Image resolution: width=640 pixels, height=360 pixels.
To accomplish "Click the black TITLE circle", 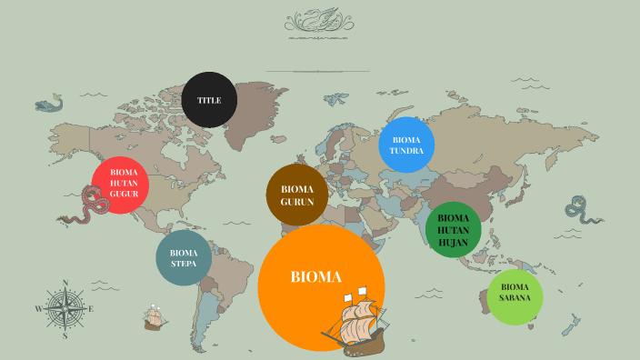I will click(x=209, y=100).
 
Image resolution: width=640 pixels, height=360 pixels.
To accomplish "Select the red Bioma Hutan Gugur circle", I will click(x=121, y=184).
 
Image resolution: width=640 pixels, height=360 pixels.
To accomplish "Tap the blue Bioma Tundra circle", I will click(x=406, y=145).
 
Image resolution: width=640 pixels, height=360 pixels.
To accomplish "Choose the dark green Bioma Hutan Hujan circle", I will click(x=454, y=229).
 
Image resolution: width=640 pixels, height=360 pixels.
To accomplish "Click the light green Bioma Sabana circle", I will click(x=515, y=296).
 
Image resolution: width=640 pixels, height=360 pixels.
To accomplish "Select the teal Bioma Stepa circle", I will click(x=184, y=258).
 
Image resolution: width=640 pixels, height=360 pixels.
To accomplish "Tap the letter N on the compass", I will click(x=65, y=283).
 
